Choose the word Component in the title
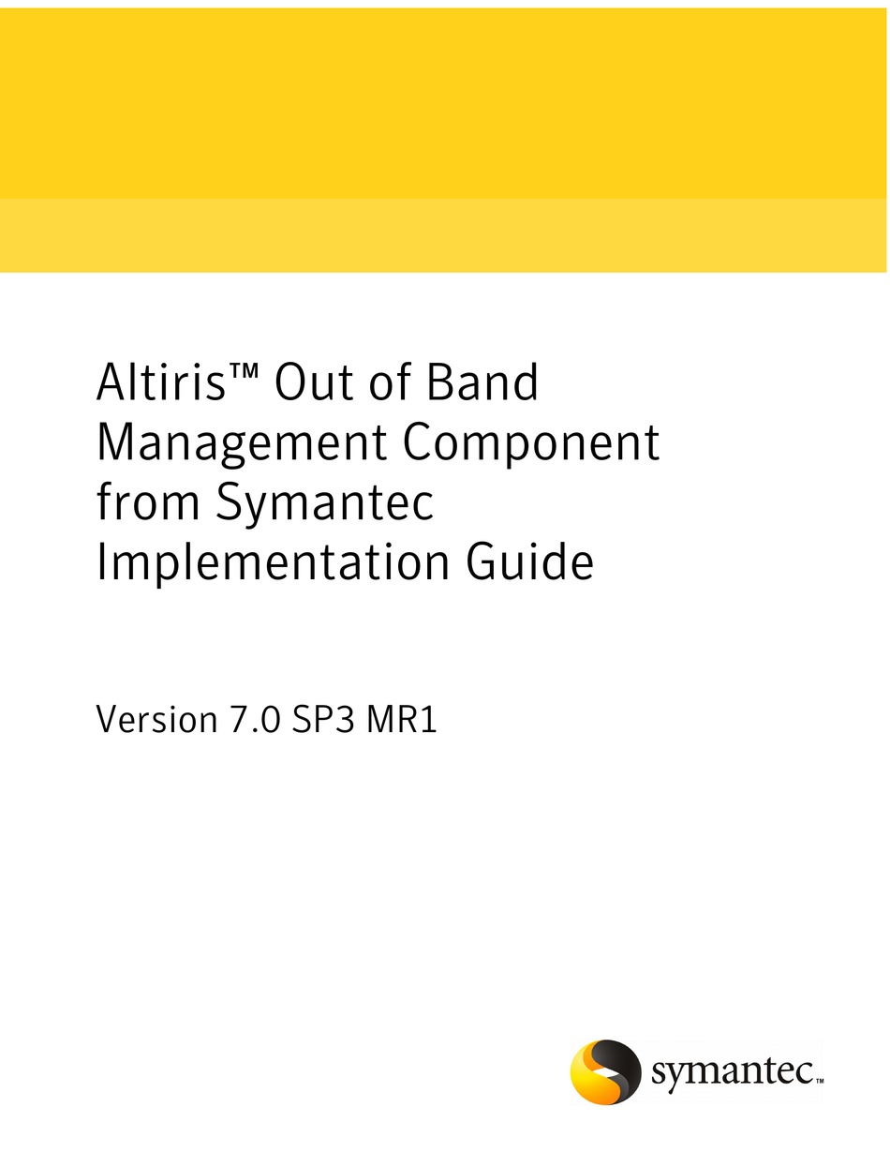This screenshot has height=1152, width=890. (x=531, y=444)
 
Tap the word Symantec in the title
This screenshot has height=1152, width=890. (x=325, y=503)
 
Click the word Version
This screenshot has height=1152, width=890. (x=156, y=721)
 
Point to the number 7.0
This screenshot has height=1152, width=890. (x=255, y=721)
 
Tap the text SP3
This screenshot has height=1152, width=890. (x=322, y=721)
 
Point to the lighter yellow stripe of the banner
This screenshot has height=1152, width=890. (x=445, y=235)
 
